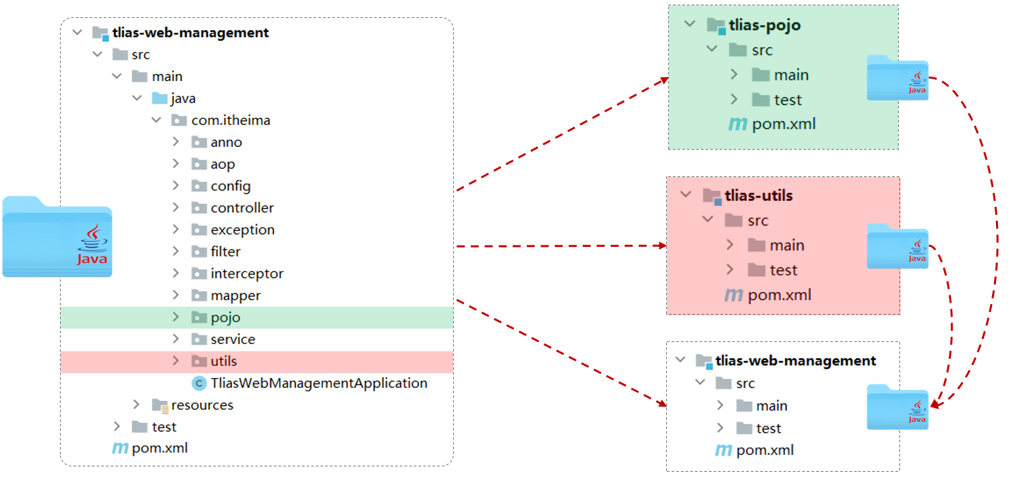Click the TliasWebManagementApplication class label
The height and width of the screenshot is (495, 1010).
pos(318,383)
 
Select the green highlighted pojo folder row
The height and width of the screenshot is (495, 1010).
pos(257,317)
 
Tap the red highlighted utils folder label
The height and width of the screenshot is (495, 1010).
pos(224,361)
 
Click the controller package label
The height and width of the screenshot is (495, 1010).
pos(242,208)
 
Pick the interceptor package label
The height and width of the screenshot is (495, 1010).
pos(247,273)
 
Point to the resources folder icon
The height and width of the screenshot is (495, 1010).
pos(160,405)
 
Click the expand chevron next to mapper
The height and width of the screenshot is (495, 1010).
pos(176,295)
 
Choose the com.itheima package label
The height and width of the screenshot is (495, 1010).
pos(231,120)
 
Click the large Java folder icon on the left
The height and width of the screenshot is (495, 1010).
pos(57,236)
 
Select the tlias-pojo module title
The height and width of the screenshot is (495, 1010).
pos(765,25)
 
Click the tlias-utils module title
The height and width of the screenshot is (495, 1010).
pos(759,196)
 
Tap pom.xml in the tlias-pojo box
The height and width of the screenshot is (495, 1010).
pos(783,124)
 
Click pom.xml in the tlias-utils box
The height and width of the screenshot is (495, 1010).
pos(779,295)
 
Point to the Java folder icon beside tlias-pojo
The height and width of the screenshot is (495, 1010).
pos(897,77)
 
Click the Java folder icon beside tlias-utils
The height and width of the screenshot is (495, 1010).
pos(897,246)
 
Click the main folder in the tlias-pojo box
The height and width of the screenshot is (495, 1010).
pos(780,75)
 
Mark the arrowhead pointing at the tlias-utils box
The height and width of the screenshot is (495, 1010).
pos(663,246)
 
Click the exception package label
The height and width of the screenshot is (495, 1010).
pos(243,230)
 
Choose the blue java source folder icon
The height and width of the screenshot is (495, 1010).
pos(160,98)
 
